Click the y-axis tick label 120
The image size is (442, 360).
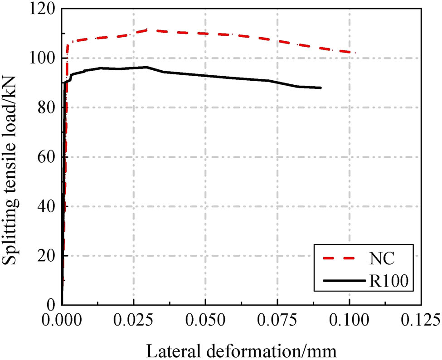click(x=42, y=9)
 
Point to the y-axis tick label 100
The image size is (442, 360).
click(x=42, y=58)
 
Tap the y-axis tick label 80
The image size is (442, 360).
click(x=45, y=107)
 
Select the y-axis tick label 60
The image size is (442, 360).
click(x=45, y=157)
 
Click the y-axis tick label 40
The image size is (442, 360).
click(x=45, y=206)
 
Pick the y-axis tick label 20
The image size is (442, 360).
click(x=45, y=256)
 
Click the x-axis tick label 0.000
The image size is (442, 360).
click(x=62, y=319)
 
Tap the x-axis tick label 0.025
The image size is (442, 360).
click(x=134, y=319)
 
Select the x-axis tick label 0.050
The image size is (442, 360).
click(x=206, y=319)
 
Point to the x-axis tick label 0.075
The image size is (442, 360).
click(x=277, y=319)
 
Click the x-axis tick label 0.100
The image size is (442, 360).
click(x=350, y=319)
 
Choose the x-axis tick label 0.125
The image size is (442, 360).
click(x=421, y=319)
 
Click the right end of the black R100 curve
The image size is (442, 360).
click(x=321, y=88)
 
